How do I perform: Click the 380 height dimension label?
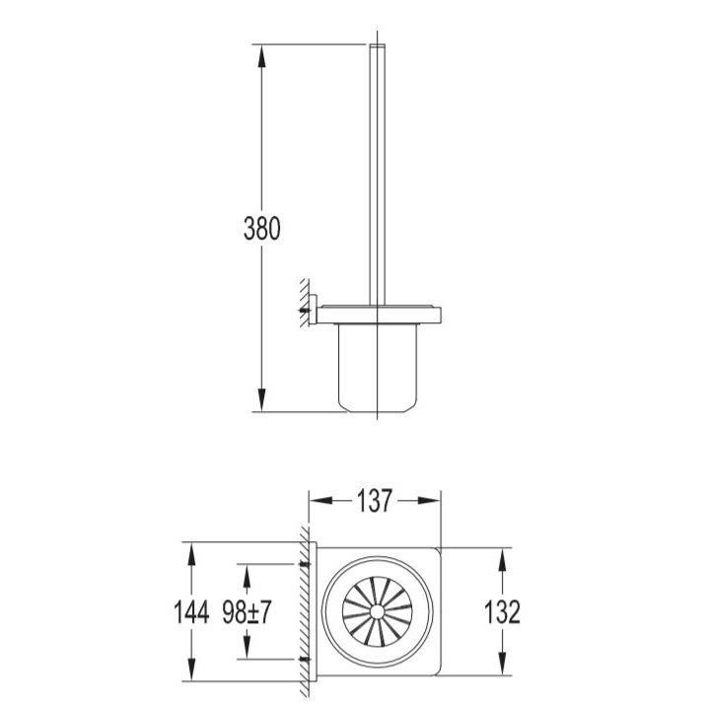click(x=261, y=228)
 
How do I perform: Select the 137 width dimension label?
click(x=375, y=501)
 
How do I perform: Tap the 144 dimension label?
click(x=191, y=612)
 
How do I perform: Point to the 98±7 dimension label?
click(x=247, y=612)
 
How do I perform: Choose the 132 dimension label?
click(x=502, y=612)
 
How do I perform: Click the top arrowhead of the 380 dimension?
click(x=261, y=56)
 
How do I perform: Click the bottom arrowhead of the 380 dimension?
click(x=261, y=399)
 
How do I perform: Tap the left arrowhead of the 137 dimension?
click(x=320, y=501)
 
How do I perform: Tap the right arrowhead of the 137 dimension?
click(x=429, y=501)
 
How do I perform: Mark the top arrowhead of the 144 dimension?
click(x=191, y=553)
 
